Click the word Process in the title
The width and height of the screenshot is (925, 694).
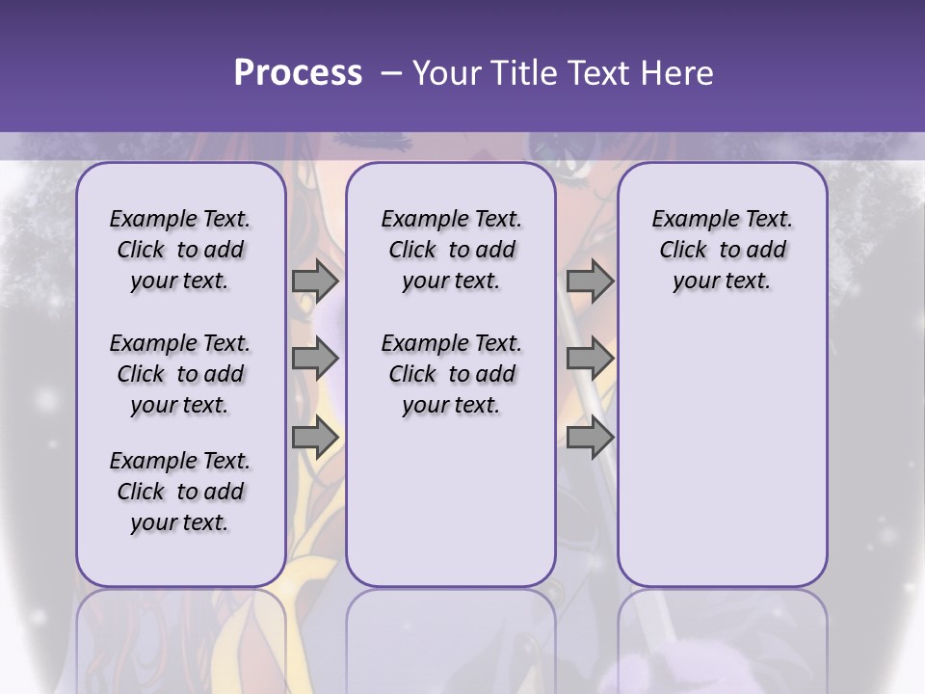click(x=298, y=73)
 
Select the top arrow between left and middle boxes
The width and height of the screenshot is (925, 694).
click(x=315, y=281)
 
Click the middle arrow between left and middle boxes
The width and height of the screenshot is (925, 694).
click(x=315, y=360)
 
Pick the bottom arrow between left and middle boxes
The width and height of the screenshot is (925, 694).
click(x=315, y=438)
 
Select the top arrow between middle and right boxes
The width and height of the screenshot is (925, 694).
click(x=590, y=281)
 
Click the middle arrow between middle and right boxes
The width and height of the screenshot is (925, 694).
click(x=590, y=360)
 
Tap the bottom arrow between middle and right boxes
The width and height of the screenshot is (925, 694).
click(x=590, y=438)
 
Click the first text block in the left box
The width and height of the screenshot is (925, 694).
click(x=180, y=250)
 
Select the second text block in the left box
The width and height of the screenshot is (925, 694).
click(x=180, y=374)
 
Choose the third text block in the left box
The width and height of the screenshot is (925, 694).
click(x=180, y=492)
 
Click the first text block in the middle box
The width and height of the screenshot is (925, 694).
click(x=451, y=250)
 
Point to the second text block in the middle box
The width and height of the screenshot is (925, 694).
click(x=451, y=374)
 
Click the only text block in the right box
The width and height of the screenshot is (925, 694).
click(x=723, y=250)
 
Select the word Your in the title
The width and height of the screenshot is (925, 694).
click(x=447, y=73)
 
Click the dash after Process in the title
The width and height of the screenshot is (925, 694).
click(x=390, y=73)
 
